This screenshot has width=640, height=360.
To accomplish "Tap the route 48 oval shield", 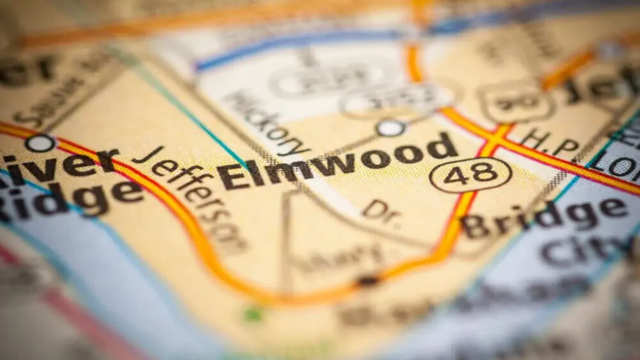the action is tap(470, 174).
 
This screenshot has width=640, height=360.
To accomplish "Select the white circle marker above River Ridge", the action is tap(40, 143).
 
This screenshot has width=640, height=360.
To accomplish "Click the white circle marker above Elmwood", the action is tap(390, 128).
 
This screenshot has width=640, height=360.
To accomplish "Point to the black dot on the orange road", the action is tap(367, 280).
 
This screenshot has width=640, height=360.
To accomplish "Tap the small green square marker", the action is tap(252, 315).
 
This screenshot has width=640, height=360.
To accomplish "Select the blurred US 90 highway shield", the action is tap(515, 101).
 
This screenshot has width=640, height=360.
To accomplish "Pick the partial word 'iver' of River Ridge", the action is tap(59, 163).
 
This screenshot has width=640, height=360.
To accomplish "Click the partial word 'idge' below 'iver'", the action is tap(69, 195).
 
